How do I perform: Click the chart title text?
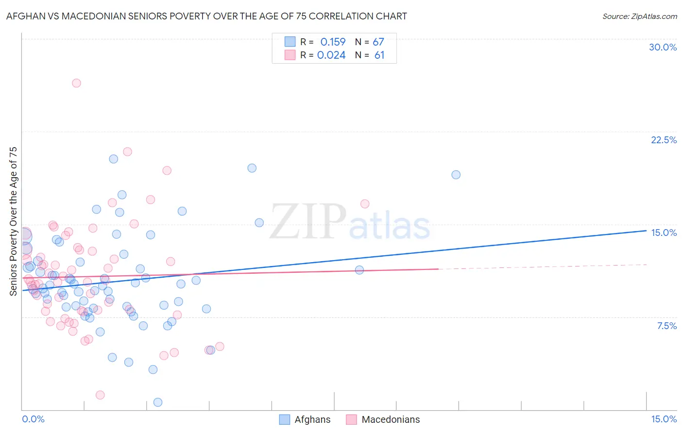coord(206,16)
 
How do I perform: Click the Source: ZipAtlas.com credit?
coord(639,16)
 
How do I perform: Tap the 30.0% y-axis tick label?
coord(663,47)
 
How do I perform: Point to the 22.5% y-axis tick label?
coord(664,140)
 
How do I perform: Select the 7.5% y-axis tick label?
coord(666,326)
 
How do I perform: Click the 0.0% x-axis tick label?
coord(33,419)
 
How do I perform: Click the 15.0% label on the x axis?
coord(664,419)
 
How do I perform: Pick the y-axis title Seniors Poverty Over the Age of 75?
coord(13,221)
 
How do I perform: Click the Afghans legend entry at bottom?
coord(305,419)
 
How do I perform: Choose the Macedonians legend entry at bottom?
coord(383,419)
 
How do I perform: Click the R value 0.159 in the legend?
coord(333,42)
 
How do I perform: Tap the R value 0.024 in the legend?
coord(331,55)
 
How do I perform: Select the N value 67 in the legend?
coord(378,42)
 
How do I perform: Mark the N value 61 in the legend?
coord(379,55)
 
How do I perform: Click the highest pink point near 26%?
coord(76,83)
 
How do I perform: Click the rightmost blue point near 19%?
coord(456,175)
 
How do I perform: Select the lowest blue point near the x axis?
coord(158,402)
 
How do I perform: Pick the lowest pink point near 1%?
coord(100,395)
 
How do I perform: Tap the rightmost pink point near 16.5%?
coord(365,204)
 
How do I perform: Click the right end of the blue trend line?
coord(646,231)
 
